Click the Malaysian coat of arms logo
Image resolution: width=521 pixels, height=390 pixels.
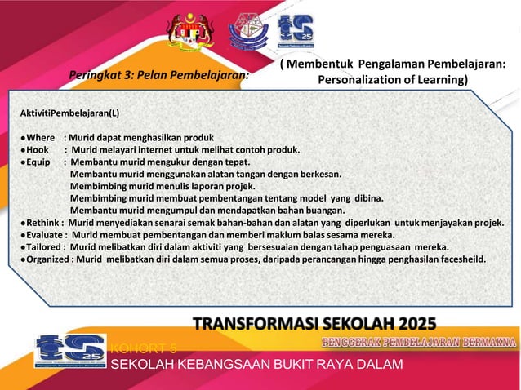pos(189,29)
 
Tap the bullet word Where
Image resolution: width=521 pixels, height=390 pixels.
pos(39,138)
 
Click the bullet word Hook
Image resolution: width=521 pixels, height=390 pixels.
pos(38,150)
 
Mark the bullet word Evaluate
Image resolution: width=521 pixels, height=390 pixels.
pos(44,234)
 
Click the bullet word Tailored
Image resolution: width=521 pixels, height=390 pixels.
pos(44,246)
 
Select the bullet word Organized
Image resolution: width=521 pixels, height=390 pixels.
pos(48,259)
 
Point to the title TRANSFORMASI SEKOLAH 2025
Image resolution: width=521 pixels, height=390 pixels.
pos(314,323)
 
